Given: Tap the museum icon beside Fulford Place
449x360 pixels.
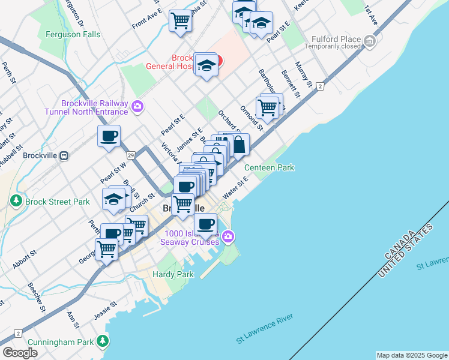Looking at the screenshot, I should (x=370, y=41).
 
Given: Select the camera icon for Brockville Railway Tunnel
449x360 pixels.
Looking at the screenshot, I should (x=138, y=107).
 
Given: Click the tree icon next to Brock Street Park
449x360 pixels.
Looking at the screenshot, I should (x=17, y=201).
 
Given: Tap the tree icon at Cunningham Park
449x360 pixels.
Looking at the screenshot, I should (x=103, y=341).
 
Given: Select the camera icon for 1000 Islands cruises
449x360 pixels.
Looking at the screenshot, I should (x=228, y=237).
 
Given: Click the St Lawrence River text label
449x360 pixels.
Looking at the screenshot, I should (x=264, y=331).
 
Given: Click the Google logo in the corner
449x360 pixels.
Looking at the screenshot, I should (x=20, y=352).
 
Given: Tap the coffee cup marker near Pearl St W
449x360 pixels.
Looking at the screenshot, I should (x=109, y=136).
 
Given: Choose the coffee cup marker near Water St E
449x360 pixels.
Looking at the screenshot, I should (x=205, y=224).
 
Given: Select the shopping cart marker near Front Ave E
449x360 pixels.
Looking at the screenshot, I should (x=180, y=21).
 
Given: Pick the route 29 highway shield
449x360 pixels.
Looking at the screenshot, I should (x=130, y=155).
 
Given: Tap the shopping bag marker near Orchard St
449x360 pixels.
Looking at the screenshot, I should (x=238, y=145).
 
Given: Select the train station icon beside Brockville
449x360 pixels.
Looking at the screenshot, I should (x=64, y=155).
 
